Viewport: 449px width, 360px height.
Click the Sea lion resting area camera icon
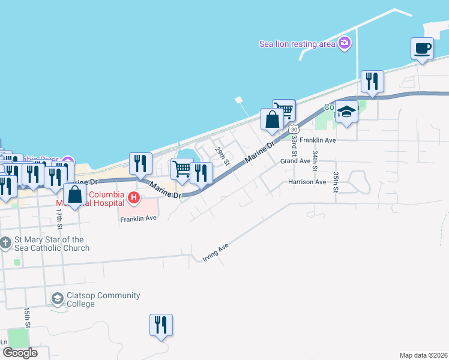coord(344,43)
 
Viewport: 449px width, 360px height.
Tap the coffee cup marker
coord(422,48)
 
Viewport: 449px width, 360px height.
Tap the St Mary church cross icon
coord(5,243)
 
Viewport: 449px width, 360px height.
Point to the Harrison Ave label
coord(307,181)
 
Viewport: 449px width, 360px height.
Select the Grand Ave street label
coord(295,161)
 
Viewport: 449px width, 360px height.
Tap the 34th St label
coord(314,151)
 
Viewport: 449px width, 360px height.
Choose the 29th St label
coord(223,156)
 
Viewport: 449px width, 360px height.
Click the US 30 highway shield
coord(294,129)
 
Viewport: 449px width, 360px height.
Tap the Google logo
coord(20,353)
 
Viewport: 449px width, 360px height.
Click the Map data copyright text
coord(423,355)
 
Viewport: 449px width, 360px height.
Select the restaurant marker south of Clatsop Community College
coord(161,325)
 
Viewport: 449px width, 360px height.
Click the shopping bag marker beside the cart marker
coord(272,119)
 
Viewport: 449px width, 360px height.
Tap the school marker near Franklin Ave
coord(346,112)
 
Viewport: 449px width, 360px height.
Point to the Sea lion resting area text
coord(297,44)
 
